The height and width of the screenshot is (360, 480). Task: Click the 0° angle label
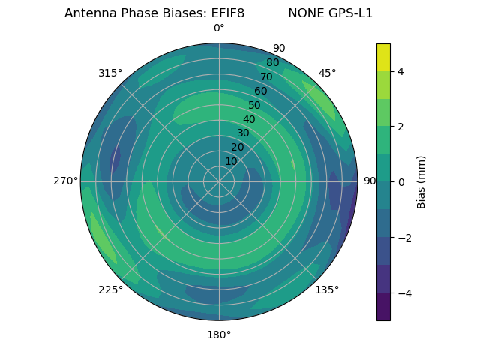pyautogui.click(x=219, y=28)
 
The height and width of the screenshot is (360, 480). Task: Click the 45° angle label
pyautogui.click(x=327, y=73)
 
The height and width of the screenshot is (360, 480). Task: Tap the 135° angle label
pyautogui.click(x=327, y=289)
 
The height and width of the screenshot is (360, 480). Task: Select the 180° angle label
pyautogui.click(x=219, y=334)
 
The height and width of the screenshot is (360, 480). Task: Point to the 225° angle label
pyautogui.click(x=110, y=289)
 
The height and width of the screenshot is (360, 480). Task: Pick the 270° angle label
pyautogui.click(x=65, y=181)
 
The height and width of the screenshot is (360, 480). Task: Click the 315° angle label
pyautogui.click(x=110, y=73)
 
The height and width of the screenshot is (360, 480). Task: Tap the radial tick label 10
pyautogui.click(x=231, y=161)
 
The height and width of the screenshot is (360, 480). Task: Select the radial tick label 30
pyautogui.click(x=243, y=133)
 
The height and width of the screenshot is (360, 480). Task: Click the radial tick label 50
pyautogui.click(x=255, y=106)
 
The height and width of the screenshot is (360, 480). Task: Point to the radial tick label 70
pyautogui.click(x=266, y=77)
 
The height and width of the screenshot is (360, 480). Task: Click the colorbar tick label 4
pyautogui.click(x=401, y=71)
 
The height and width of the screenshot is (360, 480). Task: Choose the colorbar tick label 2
pyautogui.click(x=401, y=127)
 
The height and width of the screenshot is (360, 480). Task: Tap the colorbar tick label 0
pyautogui.click(x=401, y=182)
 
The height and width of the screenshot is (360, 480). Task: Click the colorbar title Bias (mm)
pyautogui.click(x=421, y=182)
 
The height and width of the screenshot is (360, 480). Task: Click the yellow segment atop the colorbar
pyautogui.click(x=383, y=57)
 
